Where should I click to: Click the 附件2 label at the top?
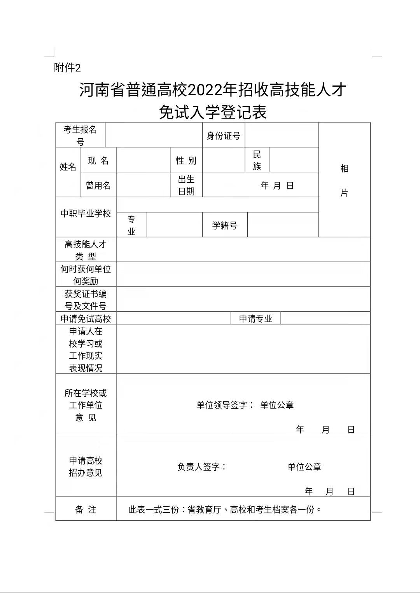[67, 68]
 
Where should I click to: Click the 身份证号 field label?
[223, 136]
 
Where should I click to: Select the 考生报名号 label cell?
[80, 135]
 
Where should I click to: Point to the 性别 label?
[186, 160]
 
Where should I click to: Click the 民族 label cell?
[257, 160]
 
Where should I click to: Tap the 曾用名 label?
[98, 185]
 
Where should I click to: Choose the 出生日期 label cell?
[186, 185]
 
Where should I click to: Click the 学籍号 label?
[224, 225]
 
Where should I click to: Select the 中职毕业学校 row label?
[86, 213]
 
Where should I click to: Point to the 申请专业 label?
[255, 319]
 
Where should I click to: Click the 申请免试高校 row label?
[86, 319]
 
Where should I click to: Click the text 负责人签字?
[201, 467]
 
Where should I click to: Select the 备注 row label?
[86, 509]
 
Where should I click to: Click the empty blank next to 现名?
[143, 160]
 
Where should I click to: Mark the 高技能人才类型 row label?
[86, 250]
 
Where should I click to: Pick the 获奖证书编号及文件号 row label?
[86, 300]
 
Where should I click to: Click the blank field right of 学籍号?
[283, 225]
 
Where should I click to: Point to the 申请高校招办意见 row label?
[86, 466]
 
